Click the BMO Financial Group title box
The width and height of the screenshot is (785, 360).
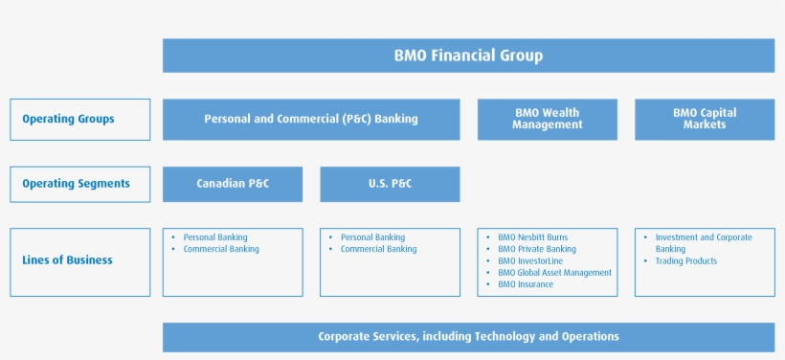[x=468, y=56]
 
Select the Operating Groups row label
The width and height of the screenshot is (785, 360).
[x=80, y=120]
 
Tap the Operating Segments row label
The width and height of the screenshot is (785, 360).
[x=80, y=184]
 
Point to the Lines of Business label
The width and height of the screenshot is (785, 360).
[x=80, y=260]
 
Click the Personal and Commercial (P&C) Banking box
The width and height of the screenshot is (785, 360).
[x=311, y=120]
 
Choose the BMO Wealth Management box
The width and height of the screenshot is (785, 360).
[x=547, y=119]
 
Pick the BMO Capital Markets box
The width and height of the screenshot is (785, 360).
[x=704, y=119]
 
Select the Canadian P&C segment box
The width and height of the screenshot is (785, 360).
[x=233, y=184]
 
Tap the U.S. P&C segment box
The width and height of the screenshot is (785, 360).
[x=390, y=184]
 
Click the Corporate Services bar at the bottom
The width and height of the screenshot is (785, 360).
[x=468, y=337]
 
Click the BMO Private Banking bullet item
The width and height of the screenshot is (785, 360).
[x=537, y=249]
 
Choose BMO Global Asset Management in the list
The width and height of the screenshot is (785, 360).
[x=554, y=273]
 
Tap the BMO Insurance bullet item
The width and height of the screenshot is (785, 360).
[x=526, y=284]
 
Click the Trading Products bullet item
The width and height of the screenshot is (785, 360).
[x=686, y=261]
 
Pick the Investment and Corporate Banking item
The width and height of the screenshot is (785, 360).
[x=704, y=243]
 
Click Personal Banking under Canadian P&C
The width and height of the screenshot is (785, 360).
[x=215, y=237]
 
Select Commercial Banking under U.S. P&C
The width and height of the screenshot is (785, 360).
[x=379, y=249]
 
